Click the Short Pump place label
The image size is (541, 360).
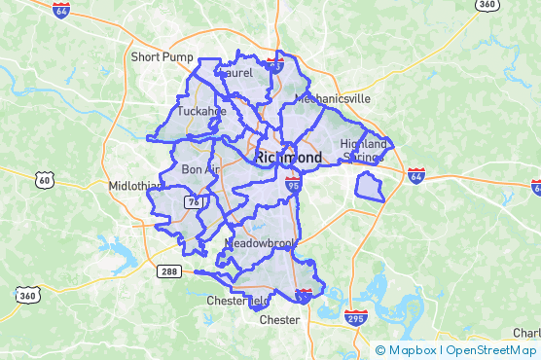pos(162,57)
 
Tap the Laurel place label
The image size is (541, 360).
pos(236,73)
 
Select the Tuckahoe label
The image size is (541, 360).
pos(201,111)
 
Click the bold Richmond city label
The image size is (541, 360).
pos(288,157)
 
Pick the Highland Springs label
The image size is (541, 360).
pos(364,150)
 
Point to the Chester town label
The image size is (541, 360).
pos(279,319)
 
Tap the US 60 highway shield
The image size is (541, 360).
pos(43,179)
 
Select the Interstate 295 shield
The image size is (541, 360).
pos(356,317)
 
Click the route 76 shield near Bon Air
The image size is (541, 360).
pos(195,201)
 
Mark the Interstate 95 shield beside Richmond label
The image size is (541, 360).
pos(295,181)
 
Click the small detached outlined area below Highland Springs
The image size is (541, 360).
pos(370,185)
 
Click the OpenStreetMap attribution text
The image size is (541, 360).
pos(491,350)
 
